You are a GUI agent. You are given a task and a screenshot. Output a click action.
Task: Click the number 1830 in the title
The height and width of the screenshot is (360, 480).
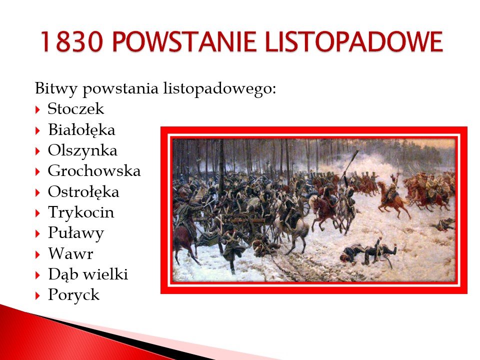tap(71, 41)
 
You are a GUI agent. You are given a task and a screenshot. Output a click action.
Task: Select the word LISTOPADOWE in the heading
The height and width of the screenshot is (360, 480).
tap(354, 41)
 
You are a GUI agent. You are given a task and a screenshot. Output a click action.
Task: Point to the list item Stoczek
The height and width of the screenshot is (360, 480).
tap(76, 108)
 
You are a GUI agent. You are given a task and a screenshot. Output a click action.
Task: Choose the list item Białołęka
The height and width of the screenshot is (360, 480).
tap(81, 130)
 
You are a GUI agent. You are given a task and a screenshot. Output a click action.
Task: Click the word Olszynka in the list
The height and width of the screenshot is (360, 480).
tap(82, 151)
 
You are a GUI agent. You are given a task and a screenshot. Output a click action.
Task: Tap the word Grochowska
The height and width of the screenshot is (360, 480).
tap(94, 171)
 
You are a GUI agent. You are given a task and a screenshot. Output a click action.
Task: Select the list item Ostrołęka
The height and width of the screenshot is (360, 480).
tap(83, 192)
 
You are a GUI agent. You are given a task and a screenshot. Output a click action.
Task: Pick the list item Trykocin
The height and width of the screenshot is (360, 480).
tap(81, 213)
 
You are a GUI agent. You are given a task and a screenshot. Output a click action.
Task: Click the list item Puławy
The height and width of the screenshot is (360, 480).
tap(76, 233)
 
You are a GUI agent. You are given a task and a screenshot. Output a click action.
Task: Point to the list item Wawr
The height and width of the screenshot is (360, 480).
tap(70, 254)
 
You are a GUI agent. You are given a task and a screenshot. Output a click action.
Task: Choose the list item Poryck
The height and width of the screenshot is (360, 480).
tap(74, 295)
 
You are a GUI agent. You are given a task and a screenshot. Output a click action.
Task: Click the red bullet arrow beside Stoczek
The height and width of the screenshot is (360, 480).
tap(37, 109)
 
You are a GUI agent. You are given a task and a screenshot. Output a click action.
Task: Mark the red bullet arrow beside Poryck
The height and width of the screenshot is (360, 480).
tap(37, 295)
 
